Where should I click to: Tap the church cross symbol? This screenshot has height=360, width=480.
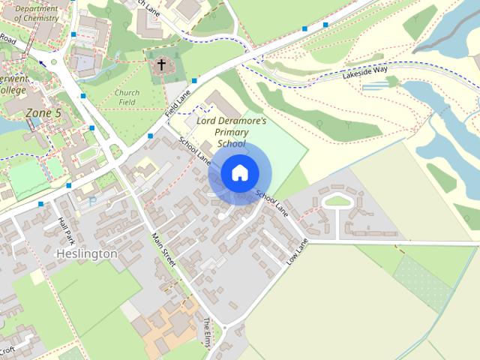160,64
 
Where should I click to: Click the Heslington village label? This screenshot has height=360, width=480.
87,253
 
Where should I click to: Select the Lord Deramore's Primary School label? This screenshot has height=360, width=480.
231,131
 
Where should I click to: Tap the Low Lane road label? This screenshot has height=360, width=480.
298,251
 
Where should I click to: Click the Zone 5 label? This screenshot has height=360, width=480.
43,112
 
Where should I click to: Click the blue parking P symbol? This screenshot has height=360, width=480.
93,201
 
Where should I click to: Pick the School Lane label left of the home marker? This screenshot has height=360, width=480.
194,149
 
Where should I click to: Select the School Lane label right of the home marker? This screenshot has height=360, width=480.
271,199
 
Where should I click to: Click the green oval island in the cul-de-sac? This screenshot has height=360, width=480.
337,201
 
